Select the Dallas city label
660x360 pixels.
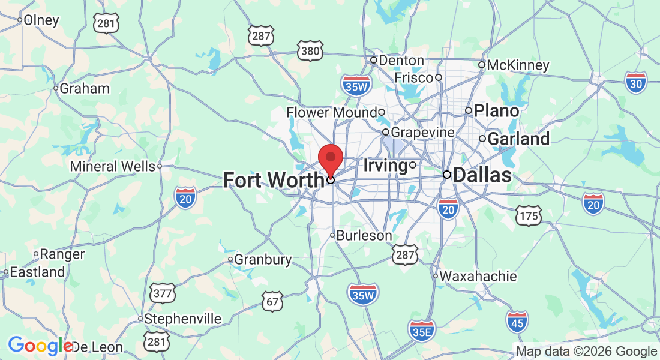point(482,175)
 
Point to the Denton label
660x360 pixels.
point(401,60)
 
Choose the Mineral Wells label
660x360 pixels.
point(113,166)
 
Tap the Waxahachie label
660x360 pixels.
point(478,276)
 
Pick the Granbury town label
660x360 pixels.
point(263,260)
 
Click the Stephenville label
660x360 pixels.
point(183,319)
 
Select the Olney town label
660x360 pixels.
point(41,20)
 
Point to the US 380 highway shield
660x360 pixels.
point(310,50)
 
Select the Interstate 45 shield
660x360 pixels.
point(517,322)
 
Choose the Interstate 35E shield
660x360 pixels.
point(422,329)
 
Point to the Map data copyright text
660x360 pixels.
point(586,352)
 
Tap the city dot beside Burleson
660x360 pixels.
point(332,235)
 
